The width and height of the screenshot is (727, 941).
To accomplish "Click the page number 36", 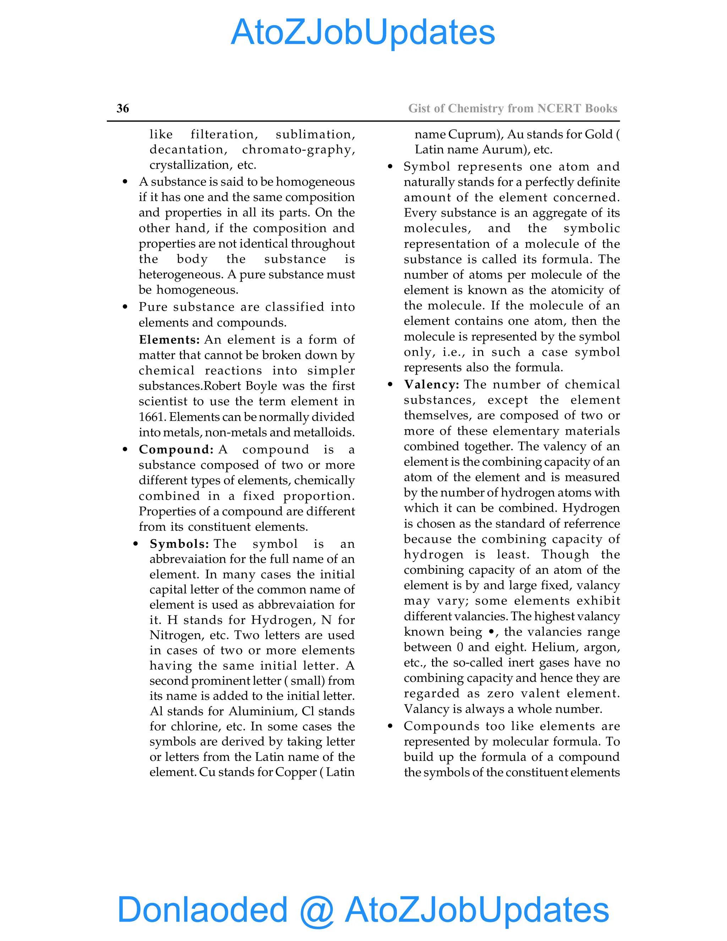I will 123,108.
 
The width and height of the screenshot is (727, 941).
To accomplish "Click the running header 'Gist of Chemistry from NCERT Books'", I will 513,108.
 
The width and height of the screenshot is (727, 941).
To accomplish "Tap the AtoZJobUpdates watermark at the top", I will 363,32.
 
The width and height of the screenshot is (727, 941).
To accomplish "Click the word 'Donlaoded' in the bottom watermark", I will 202,909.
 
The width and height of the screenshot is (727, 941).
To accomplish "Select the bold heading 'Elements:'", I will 169,339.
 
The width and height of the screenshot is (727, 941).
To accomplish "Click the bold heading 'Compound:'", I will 176,450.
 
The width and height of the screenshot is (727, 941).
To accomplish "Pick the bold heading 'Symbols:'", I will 179,544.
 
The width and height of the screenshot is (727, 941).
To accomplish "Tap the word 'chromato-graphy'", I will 299,149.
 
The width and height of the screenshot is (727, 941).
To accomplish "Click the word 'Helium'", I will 553,647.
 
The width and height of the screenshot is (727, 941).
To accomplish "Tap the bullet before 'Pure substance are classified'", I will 125,307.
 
